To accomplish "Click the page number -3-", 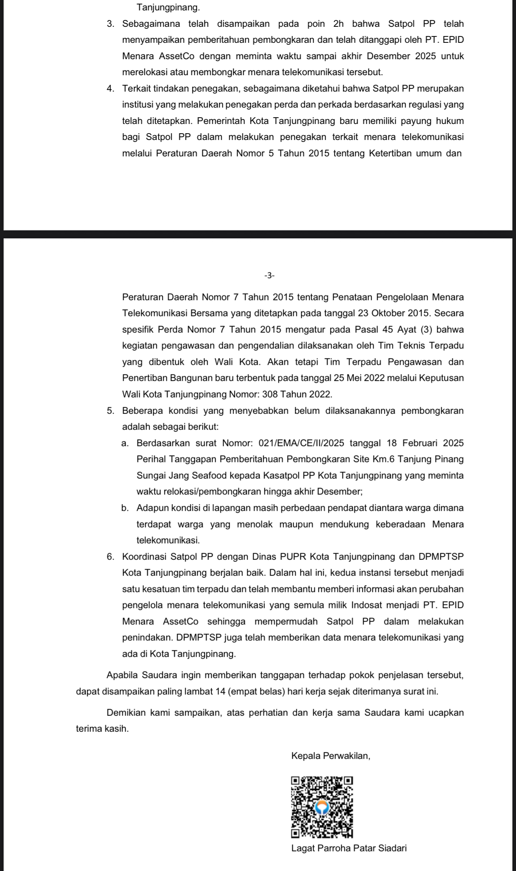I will click(x=269, y=275).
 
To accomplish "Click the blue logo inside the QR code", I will click(x=322, y=807).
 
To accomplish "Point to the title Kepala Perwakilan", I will click(x=331, y=756).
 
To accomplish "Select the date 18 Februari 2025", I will click(x=425, y=443).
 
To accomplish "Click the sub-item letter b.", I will click(x=125, y=508).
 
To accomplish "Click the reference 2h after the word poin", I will click(x=338, y=24).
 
